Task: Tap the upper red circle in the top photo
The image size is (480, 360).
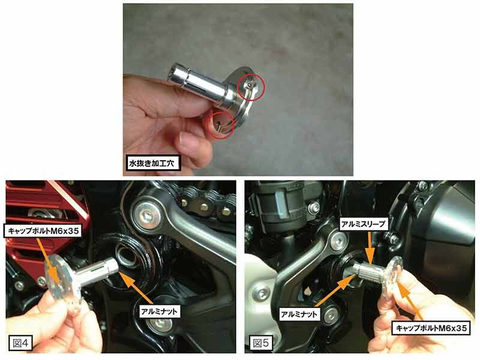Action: click(x=251, y=87)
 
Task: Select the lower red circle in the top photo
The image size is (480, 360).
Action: click(x=220, y=124)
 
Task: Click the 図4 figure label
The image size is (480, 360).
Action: click(x=20, y=343)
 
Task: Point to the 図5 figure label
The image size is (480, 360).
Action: click(x=261, y=343)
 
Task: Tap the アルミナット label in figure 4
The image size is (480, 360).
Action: click(x=159, y=311)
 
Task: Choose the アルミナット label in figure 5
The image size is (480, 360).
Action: click(x=299, y=314)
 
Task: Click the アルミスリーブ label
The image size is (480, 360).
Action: click(x=363, y=224)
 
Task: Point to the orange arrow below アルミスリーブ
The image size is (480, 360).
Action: click(x=370, y=247)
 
